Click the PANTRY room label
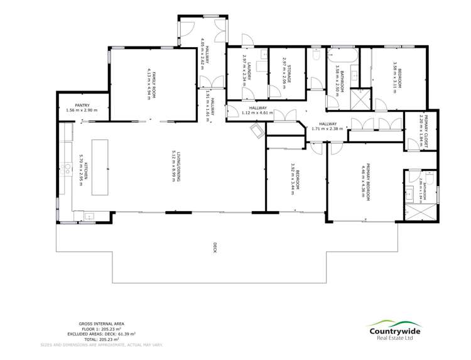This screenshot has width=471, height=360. click(82, 105)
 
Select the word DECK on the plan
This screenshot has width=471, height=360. click(215, 244)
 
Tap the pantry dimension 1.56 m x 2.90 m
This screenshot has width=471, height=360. click(82, 111)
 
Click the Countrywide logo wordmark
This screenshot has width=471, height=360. click(395, 331)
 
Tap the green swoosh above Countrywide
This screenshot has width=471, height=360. click(394, 322)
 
